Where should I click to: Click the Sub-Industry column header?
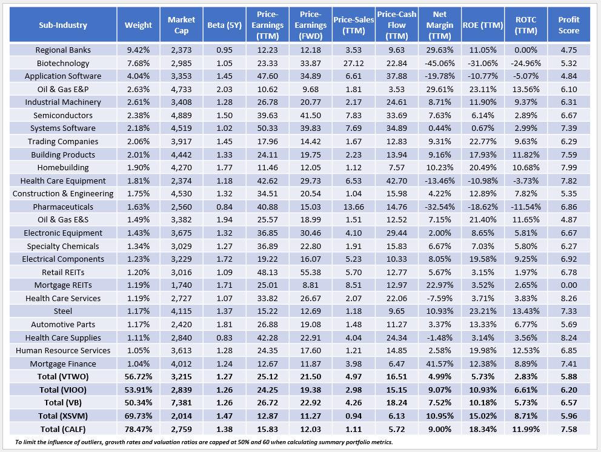point(63,25)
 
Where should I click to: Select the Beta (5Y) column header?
point(222,25)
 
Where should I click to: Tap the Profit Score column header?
point(569,25)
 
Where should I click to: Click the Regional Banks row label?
point(63,50)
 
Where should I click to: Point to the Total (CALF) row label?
point(63,429)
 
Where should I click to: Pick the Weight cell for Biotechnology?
point(138,63)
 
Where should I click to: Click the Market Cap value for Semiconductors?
point(181,115)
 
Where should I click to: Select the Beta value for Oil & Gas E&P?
point(222,89)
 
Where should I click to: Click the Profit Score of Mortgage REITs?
point(569,285)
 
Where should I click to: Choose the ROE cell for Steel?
point(482,311)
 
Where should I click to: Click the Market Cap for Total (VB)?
point(181,403)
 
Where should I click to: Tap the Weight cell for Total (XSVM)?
point(138,416)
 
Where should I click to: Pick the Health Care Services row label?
point(63,298)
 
